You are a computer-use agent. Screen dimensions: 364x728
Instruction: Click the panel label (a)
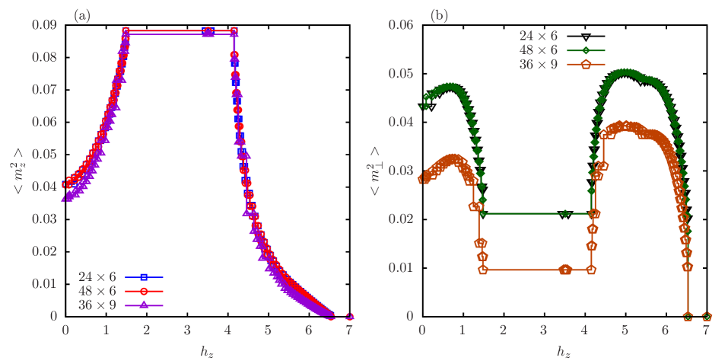tap(81, 15)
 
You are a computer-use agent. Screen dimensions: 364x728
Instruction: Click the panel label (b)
tap(439, 15)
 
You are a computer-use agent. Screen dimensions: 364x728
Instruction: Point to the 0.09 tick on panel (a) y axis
tap(44, 25)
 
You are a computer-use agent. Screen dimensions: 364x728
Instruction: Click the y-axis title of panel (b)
tap(375, 171)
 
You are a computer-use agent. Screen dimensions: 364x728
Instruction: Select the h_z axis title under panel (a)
tap(207, 351)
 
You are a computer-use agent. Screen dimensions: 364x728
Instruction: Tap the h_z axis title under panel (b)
tap(564, 351)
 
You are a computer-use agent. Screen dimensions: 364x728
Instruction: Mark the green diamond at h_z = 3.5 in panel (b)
tap(564, 214)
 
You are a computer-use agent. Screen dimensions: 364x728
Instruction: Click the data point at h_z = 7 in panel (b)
tap(706, 316)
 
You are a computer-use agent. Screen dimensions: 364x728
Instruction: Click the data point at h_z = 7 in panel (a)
tap(349, 316)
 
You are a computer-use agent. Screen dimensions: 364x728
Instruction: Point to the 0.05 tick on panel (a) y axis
tap(44, 155)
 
